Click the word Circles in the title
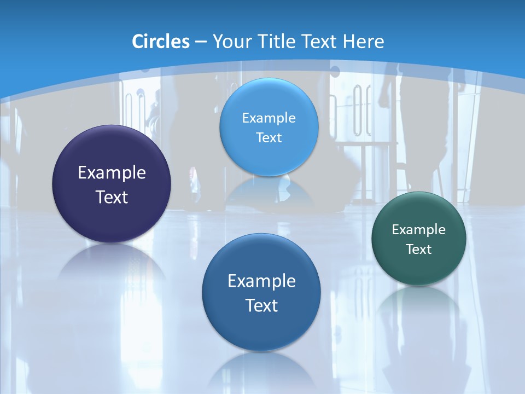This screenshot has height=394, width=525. pyautogui.click(x=160, y=42)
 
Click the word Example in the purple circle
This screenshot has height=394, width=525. pyautogui.click(x=112, y=173)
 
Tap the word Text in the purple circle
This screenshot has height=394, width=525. pyautogui.click(x=112, y=197)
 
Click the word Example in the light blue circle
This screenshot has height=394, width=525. pyautogui.click(x=269, y=118)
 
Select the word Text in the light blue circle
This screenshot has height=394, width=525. pyautogui.click(x=269, y=137)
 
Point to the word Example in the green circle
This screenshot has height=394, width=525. pyautogui.click(x=419, y=230)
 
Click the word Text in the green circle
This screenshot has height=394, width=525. pyautogui.click(x=419, y=250)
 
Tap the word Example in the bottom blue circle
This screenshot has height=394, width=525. pyautogui.click(x=261, y=281)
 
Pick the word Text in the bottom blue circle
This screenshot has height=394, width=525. pyautogui.click(x=261, y=305)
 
